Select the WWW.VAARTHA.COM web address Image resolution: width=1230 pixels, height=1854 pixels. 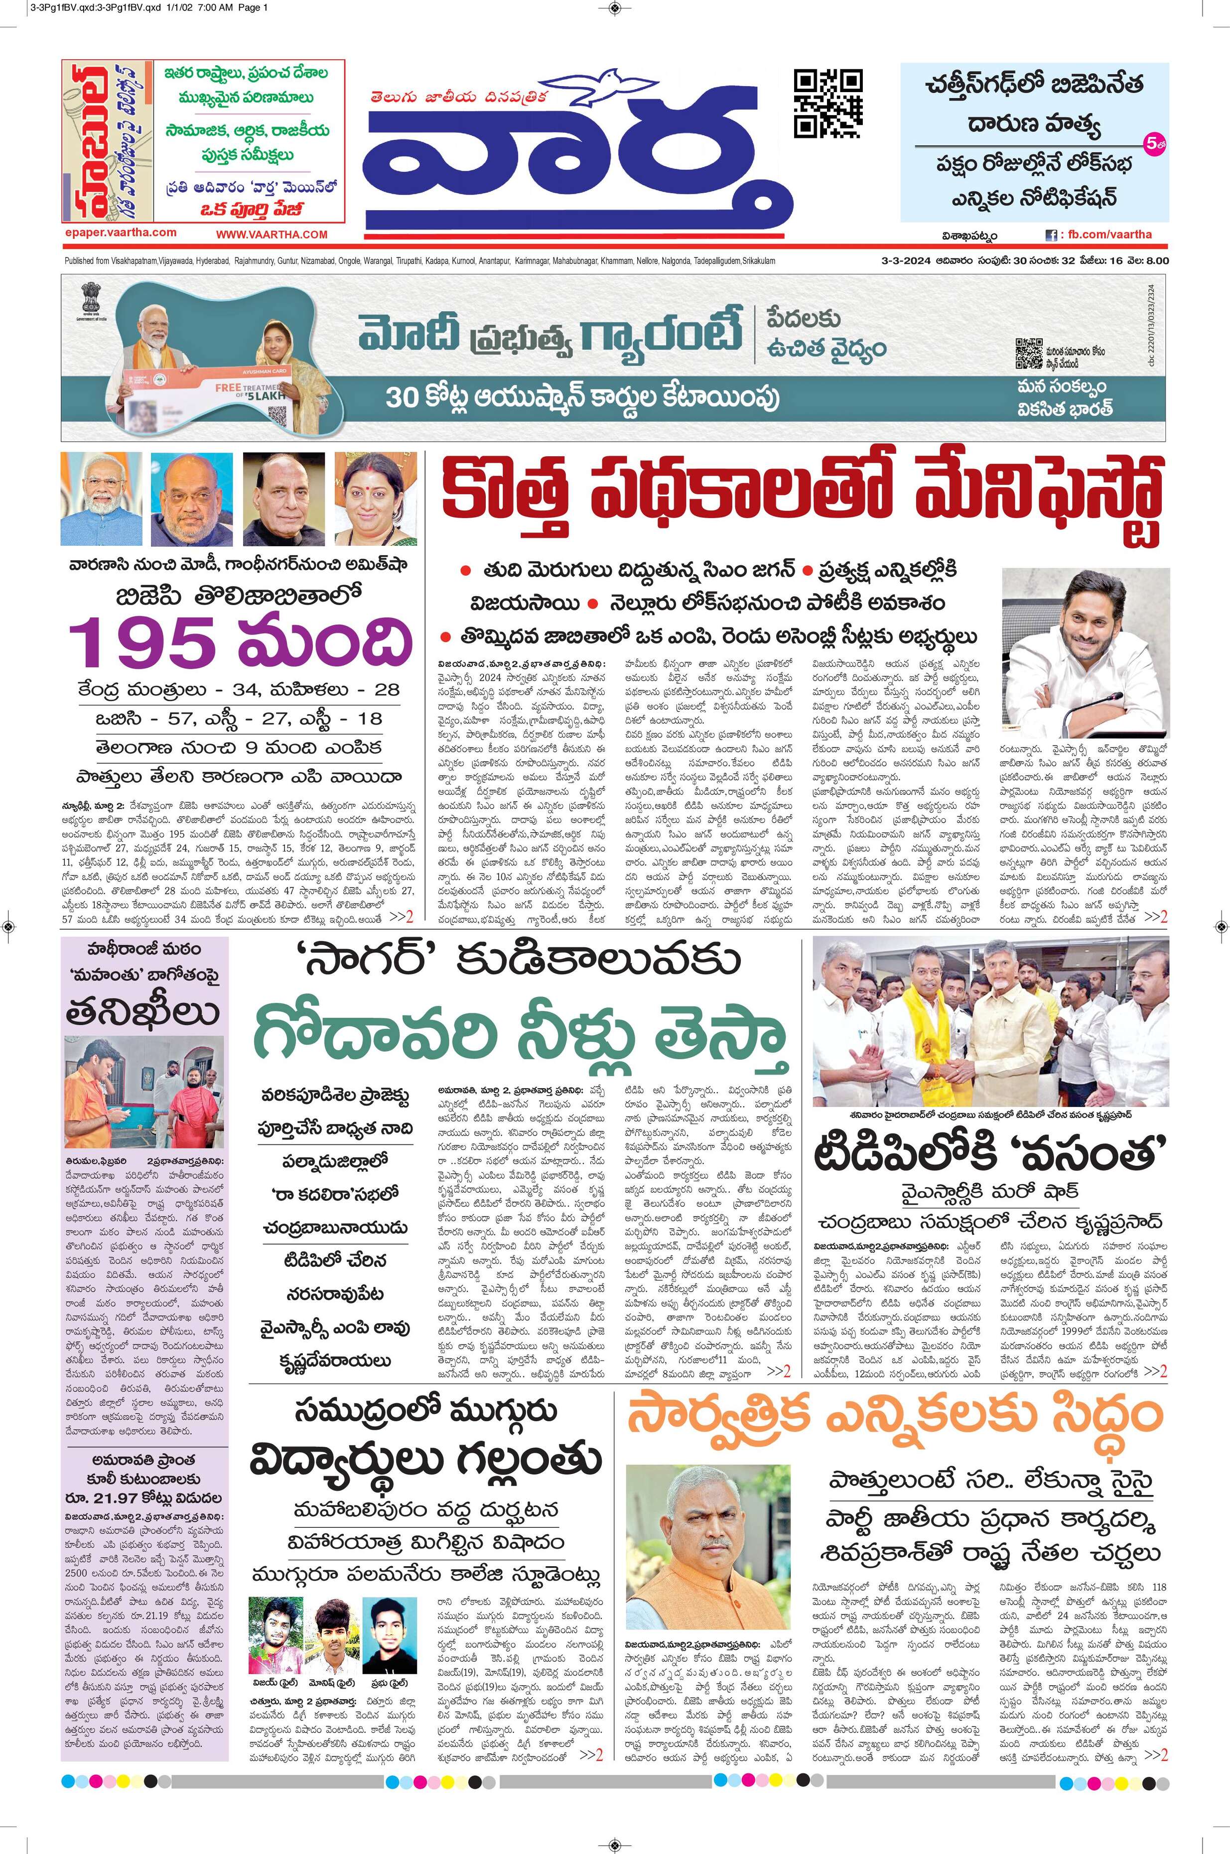tap(272, 235)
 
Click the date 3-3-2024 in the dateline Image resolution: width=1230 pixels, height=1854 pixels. tap(901, 261)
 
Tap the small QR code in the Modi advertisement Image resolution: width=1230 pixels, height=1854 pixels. tap(1028, 354)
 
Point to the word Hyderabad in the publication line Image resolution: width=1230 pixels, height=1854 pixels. tap(210, 261)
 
